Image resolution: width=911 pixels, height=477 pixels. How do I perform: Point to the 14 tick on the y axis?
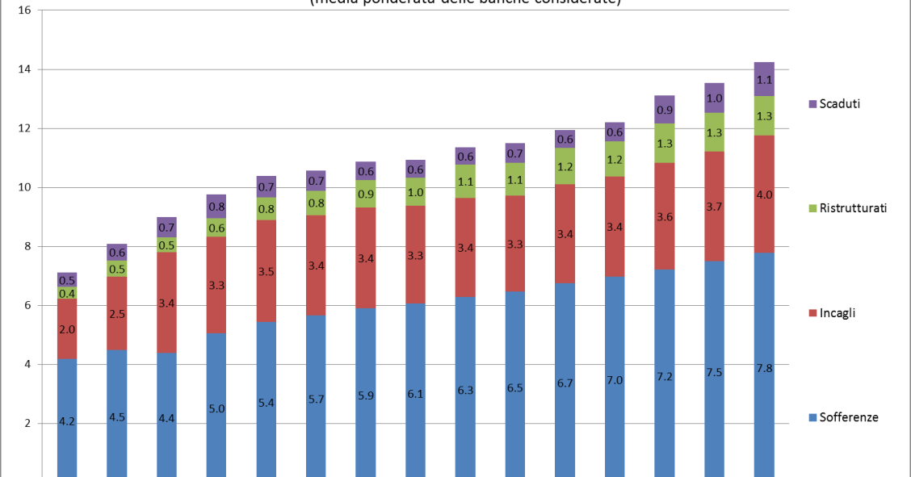coord(25,69)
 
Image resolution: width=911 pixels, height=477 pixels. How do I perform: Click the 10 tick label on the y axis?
coord(25,187)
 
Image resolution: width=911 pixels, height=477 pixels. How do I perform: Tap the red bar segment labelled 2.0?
coord(67,329)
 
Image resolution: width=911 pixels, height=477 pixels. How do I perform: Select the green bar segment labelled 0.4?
coord(67,294)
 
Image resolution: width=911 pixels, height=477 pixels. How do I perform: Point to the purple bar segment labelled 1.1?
coord(764,79)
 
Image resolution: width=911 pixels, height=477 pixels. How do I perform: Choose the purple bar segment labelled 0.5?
coord(67,280)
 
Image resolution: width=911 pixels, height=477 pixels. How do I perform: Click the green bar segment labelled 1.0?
coord(416,192)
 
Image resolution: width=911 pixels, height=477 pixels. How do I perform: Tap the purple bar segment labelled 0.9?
coord(665,110)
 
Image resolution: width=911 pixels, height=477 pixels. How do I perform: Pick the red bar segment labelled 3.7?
coord(714,207)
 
